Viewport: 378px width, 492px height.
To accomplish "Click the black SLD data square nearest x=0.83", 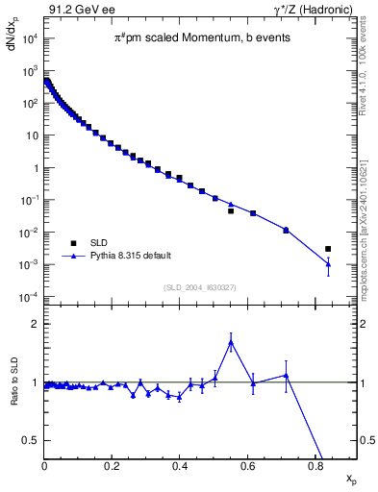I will (328, 249).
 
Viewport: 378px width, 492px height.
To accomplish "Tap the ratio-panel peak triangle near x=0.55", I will (231, 341).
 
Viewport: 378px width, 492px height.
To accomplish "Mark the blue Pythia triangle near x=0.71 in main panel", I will (286, 230).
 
